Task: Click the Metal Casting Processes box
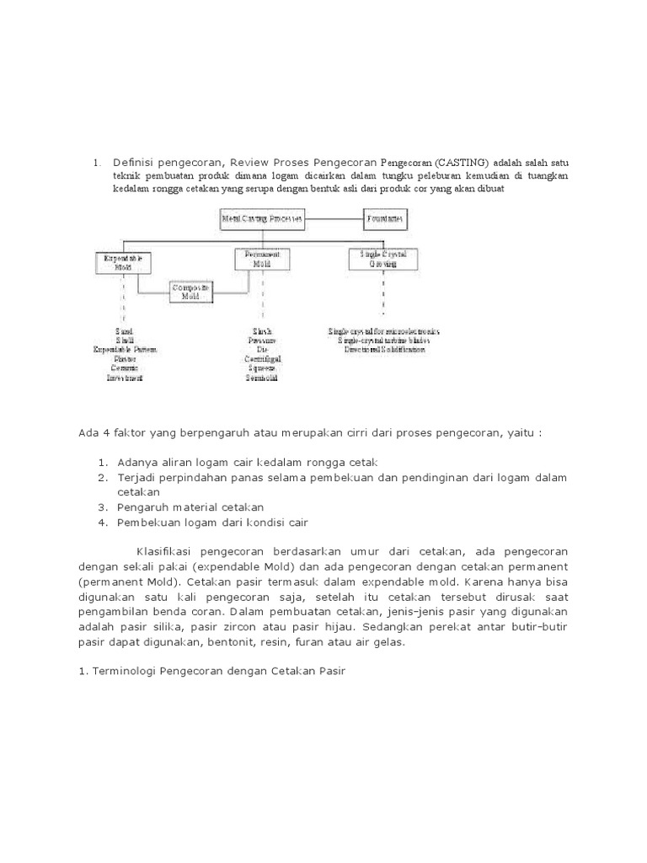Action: tap(263, 218)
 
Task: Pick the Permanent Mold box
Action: tap(262, 258)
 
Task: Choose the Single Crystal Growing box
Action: tap(383, 258)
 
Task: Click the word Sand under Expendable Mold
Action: tap(124, 331)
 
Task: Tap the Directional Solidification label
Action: tap(384, 349)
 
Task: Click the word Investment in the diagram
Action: tap(124, 378)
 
